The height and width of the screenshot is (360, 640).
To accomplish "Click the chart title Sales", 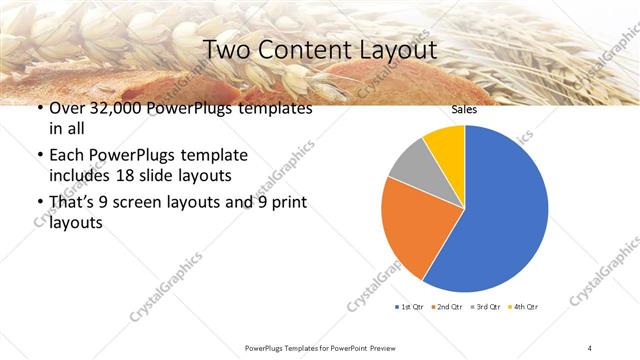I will [x=464, y=110].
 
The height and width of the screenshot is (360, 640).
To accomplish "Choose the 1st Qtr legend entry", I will [x=410, y=306].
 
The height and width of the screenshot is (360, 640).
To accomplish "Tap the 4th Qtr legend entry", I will [x=524, y=306].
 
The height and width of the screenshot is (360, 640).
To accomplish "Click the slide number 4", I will [x=590, y=347].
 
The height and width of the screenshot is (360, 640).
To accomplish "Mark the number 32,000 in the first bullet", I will [x=109, y=108].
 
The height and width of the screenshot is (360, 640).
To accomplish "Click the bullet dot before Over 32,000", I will [x=39, y=109].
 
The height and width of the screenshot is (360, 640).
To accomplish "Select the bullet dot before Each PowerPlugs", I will [x=39, y=156].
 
